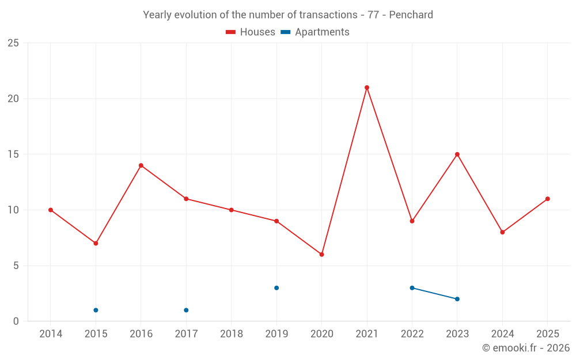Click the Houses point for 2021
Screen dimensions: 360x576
(367, 88)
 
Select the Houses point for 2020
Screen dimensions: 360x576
(321, 255)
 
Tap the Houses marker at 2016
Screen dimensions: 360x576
(141, 165)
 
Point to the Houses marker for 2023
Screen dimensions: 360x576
(457, 154)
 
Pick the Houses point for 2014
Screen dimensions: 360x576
(51, 210)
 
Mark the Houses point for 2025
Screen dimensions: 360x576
(548, 199)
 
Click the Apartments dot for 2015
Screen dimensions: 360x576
(96, 310)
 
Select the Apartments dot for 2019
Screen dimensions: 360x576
(276, 288)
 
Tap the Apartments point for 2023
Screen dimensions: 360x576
(457, 299)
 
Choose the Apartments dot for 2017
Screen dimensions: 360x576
(186, 310)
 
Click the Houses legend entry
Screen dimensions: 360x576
(251, 32)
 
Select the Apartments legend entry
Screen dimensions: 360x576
(315, 32)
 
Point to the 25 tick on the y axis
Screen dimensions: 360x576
(13, 43)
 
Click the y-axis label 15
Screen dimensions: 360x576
(13, 154)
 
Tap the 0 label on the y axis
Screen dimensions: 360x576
(16, 321)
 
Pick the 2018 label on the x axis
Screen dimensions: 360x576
(231, 334)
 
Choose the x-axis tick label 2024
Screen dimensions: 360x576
(502, 334)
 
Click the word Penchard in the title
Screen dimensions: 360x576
(411, 15)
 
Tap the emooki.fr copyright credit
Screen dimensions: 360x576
(526, 348)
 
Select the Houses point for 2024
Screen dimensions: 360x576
(502, 232)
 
